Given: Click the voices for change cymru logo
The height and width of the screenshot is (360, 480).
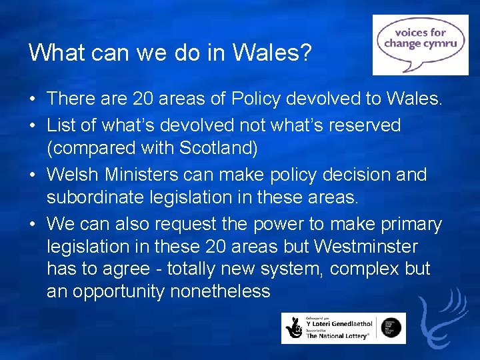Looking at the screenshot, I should [x=420, y=45].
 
